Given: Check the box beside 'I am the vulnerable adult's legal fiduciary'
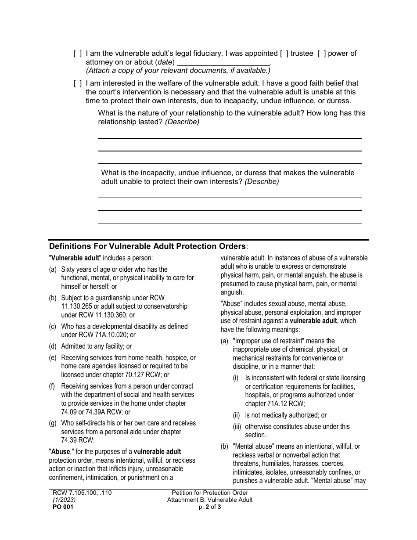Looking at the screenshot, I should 77,54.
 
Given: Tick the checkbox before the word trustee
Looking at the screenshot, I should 284,54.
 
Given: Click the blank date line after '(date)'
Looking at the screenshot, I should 223,62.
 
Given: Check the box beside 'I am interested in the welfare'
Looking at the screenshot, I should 77,83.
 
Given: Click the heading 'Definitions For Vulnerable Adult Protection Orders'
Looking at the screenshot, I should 148,246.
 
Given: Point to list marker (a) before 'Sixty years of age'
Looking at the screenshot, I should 53,270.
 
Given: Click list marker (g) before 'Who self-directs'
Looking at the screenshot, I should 53,423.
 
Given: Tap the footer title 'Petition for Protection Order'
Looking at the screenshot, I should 210,493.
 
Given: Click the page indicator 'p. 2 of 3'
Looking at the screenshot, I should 210,507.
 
